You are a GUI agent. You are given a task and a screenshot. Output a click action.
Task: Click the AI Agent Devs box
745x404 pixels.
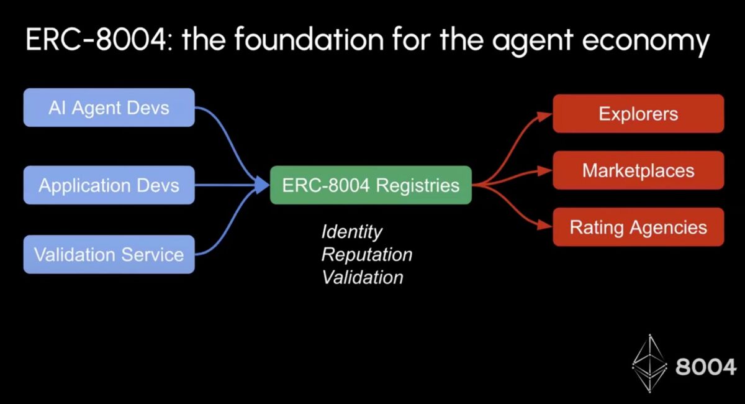click(109, 108)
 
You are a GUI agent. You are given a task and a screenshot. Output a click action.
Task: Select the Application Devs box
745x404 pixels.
click(109, 185)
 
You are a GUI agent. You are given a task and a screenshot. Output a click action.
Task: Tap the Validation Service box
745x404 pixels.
click(109, 254)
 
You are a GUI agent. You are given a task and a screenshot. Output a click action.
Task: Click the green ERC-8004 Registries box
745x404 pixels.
click(371, 185)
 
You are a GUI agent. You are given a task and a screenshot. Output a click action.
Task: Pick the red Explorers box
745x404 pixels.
click(638, 114)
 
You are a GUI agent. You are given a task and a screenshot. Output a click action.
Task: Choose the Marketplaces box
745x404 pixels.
click(638, 170)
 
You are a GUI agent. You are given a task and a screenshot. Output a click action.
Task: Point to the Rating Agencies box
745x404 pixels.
click(638, 227)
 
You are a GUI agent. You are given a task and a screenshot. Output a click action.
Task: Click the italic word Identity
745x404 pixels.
click(351, 232)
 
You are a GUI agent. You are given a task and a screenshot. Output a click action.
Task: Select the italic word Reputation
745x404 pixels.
click(366, 254)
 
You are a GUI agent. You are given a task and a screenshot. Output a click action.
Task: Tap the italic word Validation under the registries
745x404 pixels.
click(363, 277)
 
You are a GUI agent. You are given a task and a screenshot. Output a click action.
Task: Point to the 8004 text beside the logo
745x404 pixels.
click(705, 367)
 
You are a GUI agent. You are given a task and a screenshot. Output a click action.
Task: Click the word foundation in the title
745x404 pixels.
click(292, 41)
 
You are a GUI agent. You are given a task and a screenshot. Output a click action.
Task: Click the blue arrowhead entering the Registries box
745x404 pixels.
click(262, 185)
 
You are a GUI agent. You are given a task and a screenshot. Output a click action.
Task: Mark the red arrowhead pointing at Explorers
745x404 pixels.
click(545, 115)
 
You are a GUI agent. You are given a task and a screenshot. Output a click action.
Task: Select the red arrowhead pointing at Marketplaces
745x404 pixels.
click(545, 171)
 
